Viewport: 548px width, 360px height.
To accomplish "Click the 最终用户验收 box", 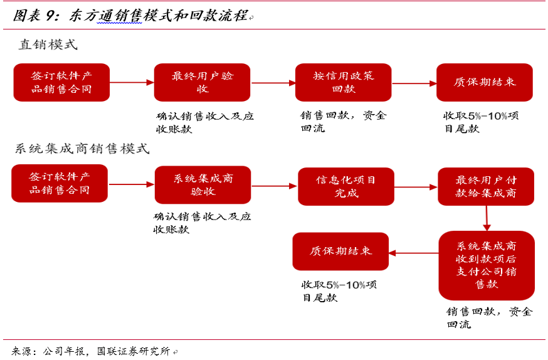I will pyautogui.click(x=202, y=82).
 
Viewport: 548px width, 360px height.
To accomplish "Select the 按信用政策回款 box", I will pyautogui.click(x=343, y=82).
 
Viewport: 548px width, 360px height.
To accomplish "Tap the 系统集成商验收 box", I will pyautogui.click(x=203, y=185).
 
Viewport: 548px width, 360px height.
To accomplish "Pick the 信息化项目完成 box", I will pyautogui.click(x=346, y=186).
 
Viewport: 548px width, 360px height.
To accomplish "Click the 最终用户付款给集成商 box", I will pyautogui.click(x=486, y=186).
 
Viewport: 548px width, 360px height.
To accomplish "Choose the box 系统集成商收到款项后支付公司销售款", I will pyautogui.click(x=487, y=265).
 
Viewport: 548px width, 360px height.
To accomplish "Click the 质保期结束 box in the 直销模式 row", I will pyautogui.click(x=485, y=82).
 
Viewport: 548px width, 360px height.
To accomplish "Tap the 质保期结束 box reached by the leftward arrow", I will pyautogui.click(x=340, y=251).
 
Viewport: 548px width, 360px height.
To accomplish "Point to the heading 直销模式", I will pyautogui.click(x=48, y=45).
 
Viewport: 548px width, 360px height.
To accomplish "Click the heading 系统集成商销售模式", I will pyautogui.click(x=82, y=149).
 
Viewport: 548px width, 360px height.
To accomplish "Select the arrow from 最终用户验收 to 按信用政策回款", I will pyautogui.click(x=273, y=82).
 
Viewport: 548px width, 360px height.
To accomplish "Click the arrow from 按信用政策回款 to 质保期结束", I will pyautogui.click(x=414, y=83).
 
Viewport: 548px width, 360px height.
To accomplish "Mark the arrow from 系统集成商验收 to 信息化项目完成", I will pyautogui.click(x=274, y=186).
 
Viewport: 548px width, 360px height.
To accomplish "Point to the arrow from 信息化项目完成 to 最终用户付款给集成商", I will pyautogui.click(x=416, y=186).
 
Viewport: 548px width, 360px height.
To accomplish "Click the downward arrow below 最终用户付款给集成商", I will pyautogui.click(x=487, y=218).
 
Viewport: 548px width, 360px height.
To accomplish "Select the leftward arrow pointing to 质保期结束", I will pyautogui.click(x=413, y=253).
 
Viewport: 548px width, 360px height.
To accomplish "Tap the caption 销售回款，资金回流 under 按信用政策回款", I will pyautogui.click(x=343, y=122).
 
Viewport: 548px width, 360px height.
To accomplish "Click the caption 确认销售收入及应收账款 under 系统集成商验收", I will pyautogui.click(x=202, y=223).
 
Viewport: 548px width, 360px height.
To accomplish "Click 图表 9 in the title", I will pyautogui.click(x=36, y=15).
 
